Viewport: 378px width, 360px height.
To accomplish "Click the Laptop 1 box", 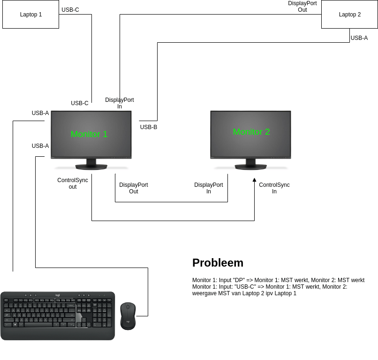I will point(30,15).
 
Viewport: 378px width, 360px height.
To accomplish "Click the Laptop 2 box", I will point(349,15).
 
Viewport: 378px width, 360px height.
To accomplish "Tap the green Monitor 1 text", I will point(89,134).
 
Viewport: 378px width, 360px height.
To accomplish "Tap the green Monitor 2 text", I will point(251,132).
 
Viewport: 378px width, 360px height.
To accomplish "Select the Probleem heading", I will point(218,263).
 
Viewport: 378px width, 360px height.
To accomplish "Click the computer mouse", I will point(128,316).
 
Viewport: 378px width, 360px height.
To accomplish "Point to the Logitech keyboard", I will point(57,315).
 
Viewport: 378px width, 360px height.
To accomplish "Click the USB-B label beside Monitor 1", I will point(149,127).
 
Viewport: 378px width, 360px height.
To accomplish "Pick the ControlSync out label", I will point(73,184).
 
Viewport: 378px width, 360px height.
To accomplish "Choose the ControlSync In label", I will point(274,188).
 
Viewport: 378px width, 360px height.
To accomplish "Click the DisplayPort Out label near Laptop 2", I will point(302,7).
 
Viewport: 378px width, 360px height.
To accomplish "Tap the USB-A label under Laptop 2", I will point(359,38).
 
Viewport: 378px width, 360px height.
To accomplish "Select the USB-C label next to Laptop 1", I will point(70,10).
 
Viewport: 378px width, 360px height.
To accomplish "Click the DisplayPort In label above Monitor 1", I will point(120,103).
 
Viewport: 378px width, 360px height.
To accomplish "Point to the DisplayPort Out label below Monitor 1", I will point(134,188).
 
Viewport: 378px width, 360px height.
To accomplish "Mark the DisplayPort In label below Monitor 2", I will point(209,188).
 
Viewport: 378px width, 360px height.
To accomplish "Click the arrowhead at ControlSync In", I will point(254,180).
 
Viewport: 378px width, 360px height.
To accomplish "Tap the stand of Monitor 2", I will point(251,164).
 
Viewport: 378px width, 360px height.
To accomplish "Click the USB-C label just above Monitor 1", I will point(80,103).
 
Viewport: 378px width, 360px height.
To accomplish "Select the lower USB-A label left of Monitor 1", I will point(40,146).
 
